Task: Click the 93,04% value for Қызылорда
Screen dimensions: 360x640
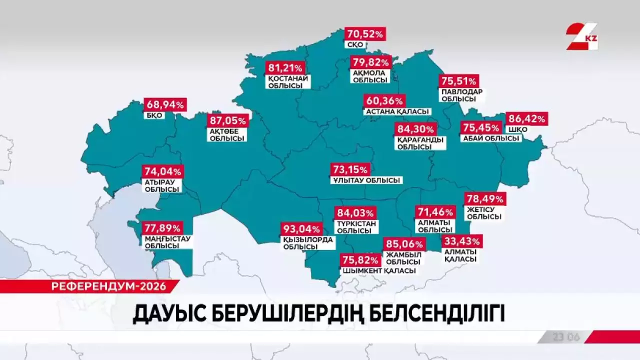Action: [301, 229]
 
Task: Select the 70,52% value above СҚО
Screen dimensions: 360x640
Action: [365, 34]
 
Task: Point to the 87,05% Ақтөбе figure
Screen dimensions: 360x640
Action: [228, 120]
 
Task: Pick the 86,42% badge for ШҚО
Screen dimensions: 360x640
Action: [526, 119]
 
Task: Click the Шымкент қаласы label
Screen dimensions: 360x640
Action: [379, 271]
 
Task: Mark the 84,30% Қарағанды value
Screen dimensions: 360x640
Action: [416, 129]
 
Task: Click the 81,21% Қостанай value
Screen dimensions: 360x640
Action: [285, 68]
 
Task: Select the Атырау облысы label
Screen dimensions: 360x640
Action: [162, 185]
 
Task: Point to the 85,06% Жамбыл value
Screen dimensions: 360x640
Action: [404, 245]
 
